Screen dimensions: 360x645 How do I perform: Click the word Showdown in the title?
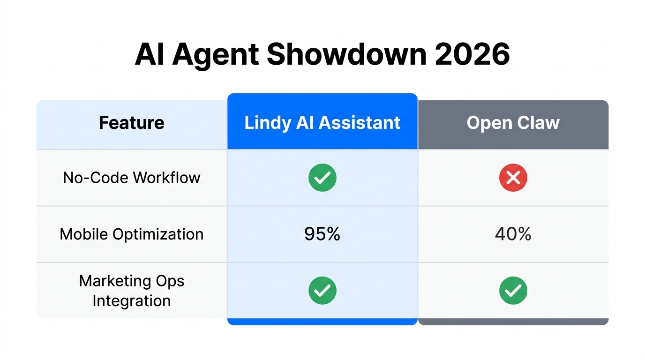pos(346,55)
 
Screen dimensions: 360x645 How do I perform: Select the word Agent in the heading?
pos(216,55)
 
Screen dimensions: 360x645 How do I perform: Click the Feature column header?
pos(132,123)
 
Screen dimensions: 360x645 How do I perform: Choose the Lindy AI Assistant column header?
pos(322,123)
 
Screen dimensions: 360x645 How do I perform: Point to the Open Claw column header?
pos(513,123)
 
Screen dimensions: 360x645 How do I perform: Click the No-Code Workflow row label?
pos(132,178)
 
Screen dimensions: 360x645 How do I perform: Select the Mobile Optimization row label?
pos(132,234)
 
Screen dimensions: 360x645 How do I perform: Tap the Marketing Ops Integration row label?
pos(132,291)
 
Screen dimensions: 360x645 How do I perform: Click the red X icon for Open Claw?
pos(513,178)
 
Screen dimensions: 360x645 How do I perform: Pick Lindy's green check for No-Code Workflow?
pos(322,178)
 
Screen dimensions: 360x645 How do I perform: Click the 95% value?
pos(322,234)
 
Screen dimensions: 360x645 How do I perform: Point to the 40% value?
pos(513,234)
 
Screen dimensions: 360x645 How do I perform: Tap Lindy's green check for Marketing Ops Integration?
pos(322,291)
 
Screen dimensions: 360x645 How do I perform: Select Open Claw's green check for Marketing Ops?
pos(513,291)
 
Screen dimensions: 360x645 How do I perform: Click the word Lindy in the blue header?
pos(267,123)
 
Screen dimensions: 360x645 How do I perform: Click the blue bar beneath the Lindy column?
pos(322,322)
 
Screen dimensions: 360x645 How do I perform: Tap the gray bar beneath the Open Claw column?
pos(513,322)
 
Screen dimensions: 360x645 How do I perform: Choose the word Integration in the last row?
pos(132,300)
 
